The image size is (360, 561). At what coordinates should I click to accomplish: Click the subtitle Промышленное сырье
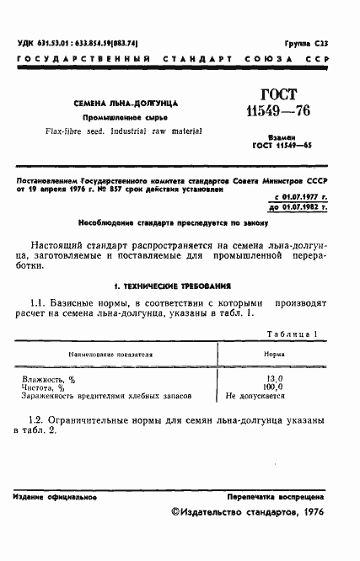coord(130,117)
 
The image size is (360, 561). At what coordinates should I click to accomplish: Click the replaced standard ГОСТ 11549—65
coord(278,145)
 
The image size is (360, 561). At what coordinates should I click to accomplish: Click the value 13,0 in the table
coord(274,380)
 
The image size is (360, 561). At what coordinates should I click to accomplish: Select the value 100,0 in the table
coord(274,387)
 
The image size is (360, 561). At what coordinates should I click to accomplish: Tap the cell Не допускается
coord(255,396)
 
